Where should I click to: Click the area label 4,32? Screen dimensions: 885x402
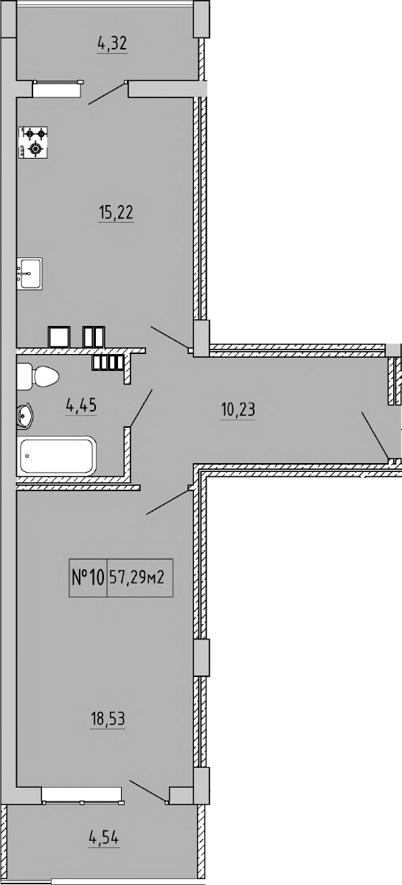(x=112, y=44)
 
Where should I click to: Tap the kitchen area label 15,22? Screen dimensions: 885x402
(x=115, y=213)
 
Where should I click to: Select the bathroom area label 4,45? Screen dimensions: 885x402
(x=82, y=405)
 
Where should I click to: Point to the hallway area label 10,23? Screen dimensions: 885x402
(x=238, y=409)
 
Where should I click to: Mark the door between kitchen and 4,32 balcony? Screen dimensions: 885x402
(x=108, y=93)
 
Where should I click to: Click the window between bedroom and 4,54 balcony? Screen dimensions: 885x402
(x=81, y=795)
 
